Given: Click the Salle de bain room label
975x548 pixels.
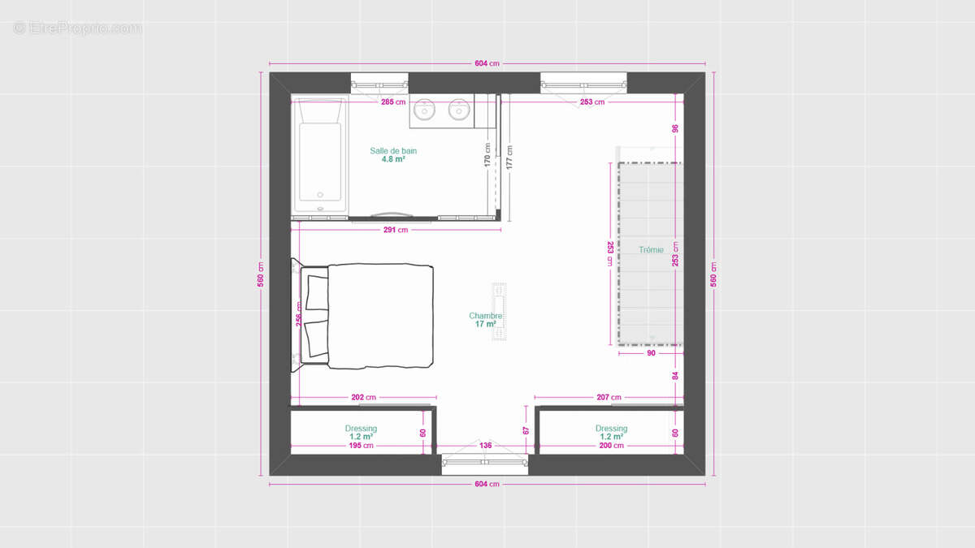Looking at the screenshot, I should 393,151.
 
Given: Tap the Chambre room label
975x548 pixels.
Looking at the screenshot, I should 486,316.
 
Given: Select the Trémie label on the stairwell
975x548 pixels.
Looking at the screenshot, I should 651,250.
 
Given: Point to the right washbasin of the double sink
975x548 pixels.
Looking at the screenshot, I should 459,109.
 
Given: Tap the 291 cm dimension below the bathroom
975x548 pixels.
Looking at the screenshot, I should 396,230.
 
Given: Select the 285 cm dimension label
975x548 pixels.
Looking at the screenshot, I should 393,102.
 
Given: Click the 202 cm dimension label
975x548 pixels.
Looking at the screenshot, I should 363,398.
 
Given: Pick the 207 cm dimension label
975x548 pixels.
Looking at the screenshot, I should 609,398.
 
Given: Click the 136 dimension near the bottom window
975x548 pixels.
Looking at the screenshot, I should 485,445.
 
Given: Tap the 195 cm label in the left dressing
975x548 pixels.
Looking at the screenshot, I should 361,446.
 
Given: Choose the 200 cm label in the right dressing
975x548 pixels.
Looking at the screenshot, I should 611,446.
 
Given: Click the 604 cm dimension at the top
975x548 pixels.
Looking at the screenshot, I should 487,63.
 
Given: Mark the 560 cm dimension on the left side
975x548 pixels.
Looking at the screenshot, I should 261,274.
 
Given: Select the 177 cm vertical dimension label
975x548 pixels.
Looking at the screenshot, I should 510,156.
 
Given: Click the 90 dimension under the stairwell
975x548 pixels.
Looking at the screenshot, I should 651,353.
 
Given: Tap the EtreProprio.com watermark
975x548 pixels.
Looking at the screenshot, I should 78,28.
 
